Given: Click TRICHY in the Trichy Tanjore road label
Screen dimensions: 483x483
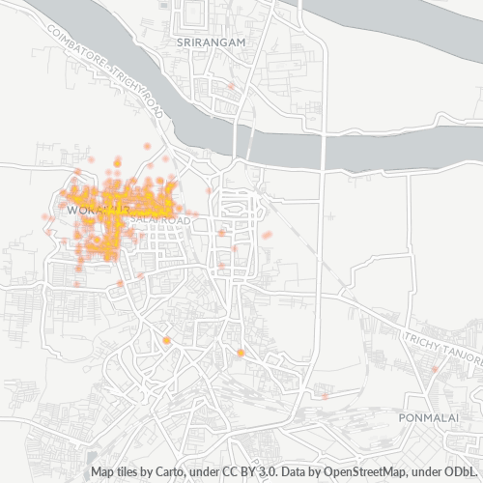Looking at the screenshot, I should tap(422, 341).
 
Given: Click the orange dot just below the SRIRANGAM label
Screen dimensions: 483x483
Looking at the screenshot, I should tap(231, 85).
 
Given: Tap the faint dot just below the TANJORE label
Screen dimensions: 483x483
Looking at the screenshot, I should tap(435, 368).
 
